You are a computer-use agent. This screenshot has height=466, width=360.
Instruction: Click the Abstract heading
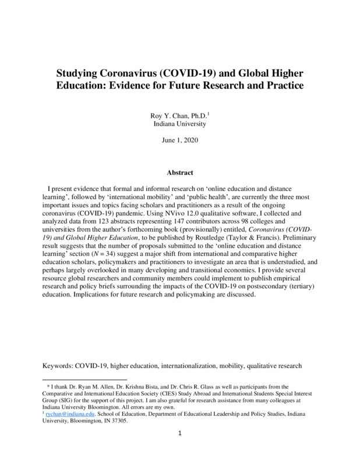click(179, 173)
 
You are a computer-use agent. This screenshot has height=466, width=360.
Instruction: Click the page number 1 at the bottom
click(180, 450)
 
